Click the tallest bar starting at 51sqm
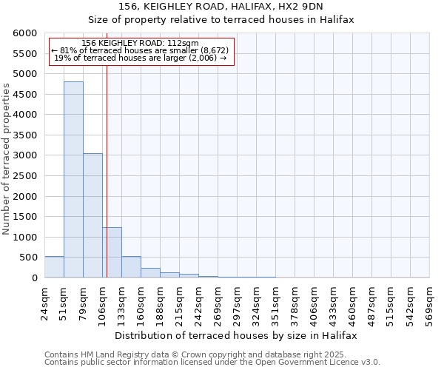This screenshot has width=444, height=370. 73,180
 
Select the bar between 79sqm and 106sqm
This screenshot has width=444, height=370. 92,215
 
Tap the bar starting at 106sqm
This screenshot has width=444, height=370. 112,252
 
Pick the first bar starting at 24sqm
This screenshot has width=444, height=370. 54,267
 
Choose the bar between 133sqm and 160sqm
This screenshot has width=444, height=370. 131,267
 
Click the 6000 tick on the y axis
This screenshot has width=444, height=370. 25,33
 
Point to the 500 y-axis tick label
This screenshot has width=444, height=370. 28,258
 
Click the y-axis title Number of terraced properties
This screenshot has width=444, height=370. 7,159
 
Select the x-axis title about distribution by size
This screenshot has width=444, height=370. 237,335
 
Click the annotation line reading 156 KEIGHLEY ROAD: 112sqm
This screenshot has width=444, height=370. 141,44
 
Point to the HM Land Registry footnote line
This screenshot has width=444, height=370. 211,354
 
